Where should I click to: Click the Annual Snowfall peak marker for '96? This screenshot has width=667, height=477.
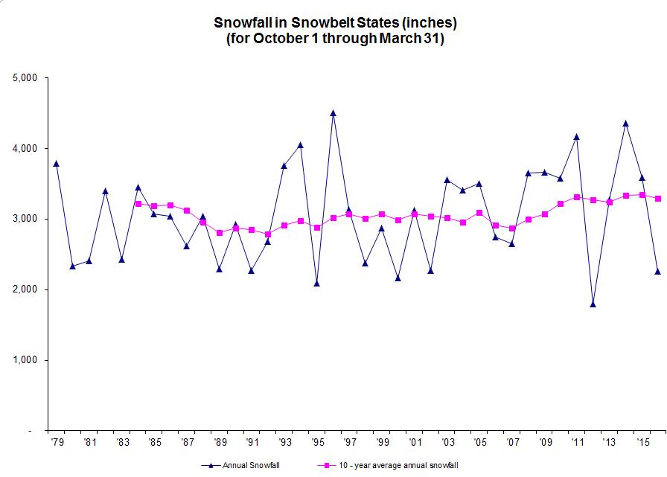click(x=333, y=113)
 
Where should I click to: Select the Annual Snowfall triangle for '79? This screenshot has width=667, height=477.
click(x=56, y=164)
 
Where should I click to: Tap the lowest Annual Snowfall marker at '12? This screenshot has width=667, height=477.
click(x=593, y=304)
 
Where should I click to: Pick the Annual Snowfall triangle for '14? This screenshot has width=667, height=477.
click(x=625, y=124)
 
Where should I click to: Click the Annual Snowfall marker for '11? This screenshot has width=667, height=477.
click(x=576, y=136)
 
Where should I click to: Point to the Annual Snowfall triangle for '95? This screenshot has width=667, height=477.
click(x=316, y=284)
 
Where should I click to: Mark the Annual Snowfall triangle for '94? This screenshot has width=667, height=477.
click(x=300, y=145)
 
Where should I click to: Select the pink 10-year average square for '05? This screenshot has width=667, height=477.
click(x=479, y=213)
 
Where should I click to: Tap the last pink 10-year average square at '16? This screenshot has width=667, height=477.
click(x=657, y=199)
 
